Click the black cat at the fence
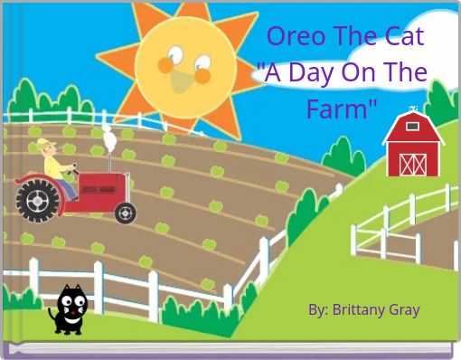click(71, 309)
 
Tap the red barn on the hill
click(412, 147)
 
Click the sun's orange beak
click(183, 83)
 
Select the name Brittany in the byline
click(360, 310)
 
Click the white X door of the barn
click(412, 163)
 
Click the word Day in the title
click(307, 73)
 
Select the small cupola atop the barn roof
click(413, 110)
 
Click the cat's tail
click(52, 317)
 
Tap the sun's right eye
click(201, 64)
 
